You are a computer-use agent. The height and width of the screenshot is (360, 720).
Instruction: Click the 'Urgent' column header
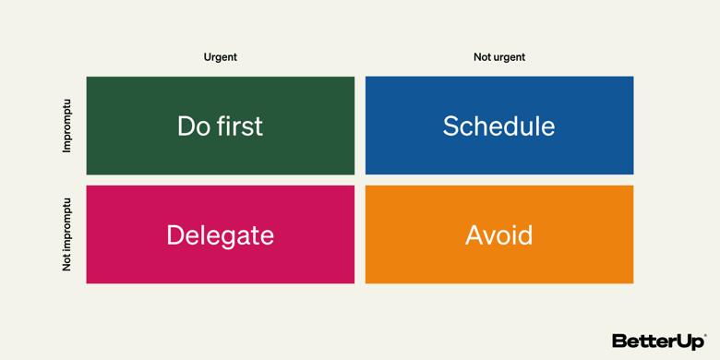pos(220,57)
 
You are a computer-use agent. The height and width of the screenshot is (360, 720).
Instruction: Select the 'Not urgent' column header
pos(498,57)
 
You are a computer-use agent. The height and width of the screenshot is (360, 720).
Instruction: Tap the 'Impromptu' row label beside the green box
pos(66,126)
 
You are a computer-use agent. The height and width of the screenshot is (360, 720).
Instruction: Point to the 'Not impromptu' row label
pos(66,234)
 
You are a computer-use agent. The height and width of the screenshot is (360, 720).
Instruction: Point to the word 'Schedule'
pos(498,126)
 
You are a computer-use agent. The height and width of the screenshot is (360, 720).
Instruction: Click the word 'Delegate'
pos(220,235)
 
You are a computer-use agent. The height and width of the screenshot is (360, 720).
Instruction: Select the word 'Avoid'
pos(498,235)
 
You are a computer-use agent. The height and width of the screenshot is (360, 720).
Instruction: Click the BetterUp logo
pos(657,342)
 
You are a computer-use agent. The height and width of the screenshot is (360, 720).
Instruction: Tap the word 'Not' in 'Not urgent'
pos(482,57)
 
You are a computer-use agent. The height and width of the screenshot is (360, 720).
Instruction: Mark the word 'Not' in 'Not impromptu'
pos(66,262)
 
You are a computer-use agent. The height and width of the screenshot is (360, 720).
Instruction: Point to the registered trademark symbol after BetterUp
pos(706,335)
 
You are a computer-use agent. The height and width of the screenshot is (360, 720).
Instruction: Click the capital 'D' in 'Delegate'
pos(175,235)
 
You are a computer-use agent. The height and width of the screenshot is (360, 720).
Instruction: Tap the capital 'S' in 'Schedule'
pos(451,126)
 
